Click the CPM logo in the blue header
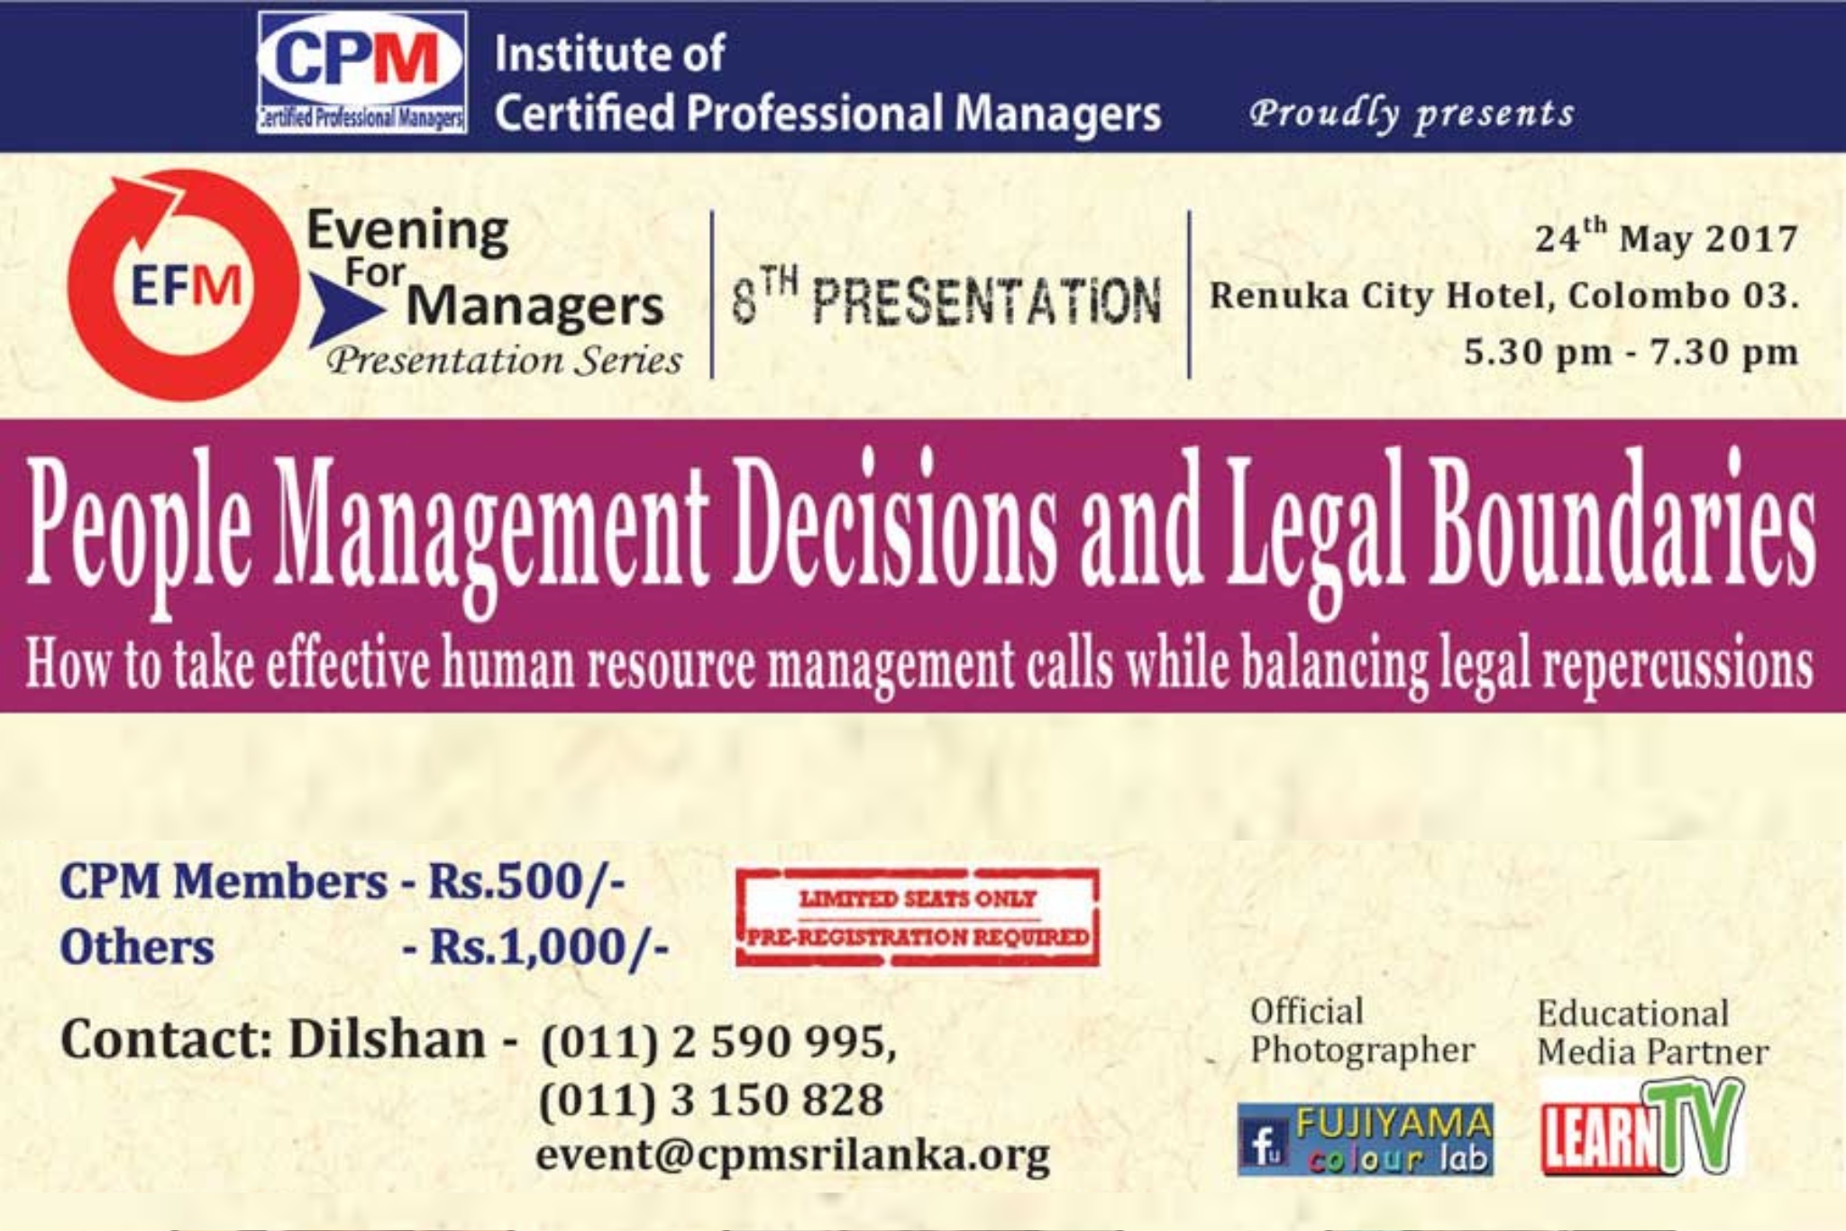tap(361, 73)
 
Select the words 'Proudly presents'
tap(1412, 114)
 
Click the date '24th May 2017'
tap(1666, 238)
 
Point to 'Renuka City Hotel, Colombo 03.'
tap(1503, 296)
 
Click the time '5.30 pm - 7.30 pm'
tap(1630, 352)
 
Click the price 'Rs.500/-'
tap(526, 881)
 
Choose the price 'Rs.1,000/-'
tap(549, 947)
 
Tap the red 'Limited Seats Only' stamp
tap(918, 917)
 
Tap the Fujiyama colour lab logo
tap(1365, 1139)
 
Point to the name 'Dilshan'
tap(387, 1039)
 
